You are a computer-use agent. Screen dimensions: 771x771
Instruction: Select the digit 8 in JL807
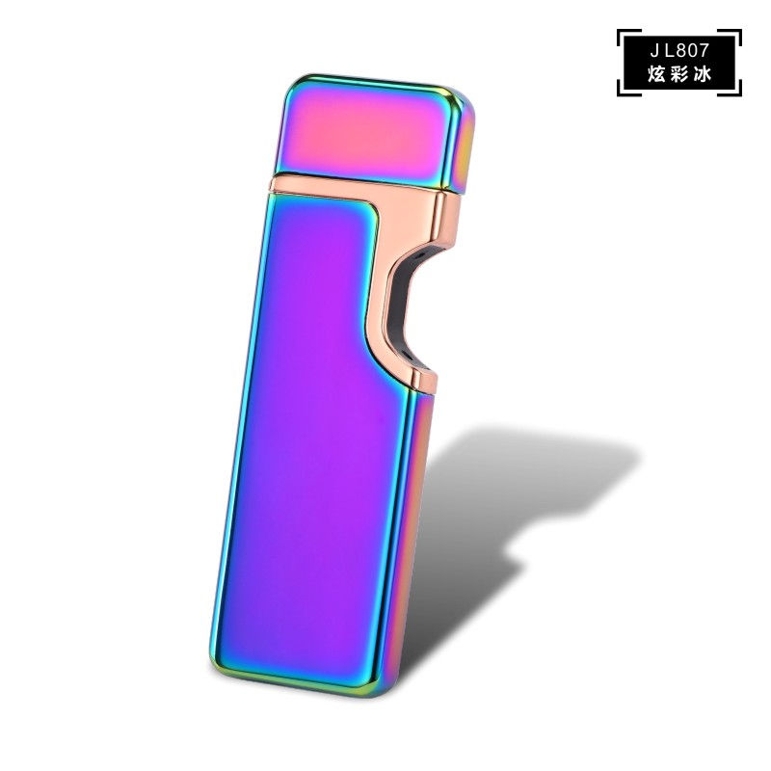pyautogui.click(x=679, y=48)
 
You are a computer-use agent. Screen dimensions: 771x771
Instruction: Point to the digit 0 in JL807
pyautogui.click(x=692, y=48)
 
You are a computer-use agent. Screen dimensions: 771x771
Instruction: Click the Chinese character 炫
pyautogui.click(x=658, y=72)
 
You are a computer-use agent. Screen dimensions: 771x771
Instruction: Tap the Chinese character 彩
pyautogui.click(x=679, y=72)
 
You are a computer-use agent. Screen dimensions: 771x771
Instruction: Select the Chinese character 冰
pyautogui.click(x=701, y=72)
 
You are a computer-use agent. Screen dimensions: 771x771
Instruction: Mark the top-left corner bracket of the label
pyautogui.click(x=622, y=33)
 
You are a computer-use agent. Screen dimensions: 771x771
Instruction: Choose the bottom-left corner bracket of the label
pyautogui.click(x=622, y=90)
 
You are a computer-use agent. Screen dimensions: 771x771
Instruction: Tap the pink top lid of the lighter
pyautogui.click(x=366, y=130)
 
